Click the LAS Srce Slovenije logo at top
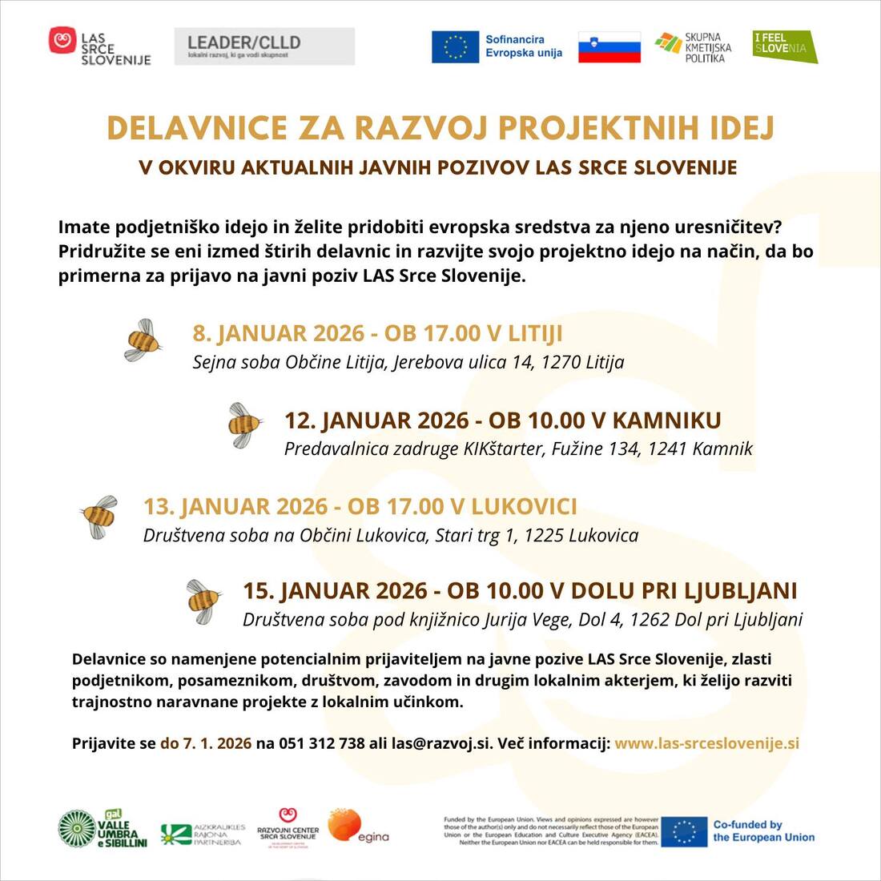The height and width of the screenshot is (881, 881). click(x=100, y=46)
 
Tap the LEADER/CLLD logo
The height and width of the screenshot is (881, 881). click(x=264, y=46)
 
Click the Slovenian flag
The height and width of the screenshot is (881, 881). click(x=609, y=47)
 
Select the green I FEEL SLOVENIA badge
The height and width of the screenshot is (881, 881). click(x=784, y=46)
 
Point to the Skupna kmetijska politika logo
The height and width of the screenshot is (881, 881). click(x=692, y=47)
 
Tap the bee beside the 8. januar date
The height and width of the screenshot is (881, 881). click(x=143, y=340)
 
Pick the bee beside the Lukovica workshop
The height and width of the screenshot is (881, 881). click(x=99, y=516)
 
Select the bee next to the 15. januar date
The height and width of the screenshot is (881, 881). click(x=203, y=601)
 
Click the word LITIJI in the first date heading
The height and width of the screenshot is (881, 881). click(x=536, y=333)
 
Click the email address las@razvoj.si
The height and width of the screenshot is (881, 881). click(x=440, y=743)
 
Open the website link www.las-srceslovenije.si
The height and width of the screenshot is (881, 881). click(x=706, y=743)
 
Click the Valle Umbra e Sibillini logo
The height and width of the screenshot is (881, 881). click(x=103, y=829)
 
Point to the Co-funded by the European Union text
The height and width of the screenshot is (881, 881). click(x=763, y=831)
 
